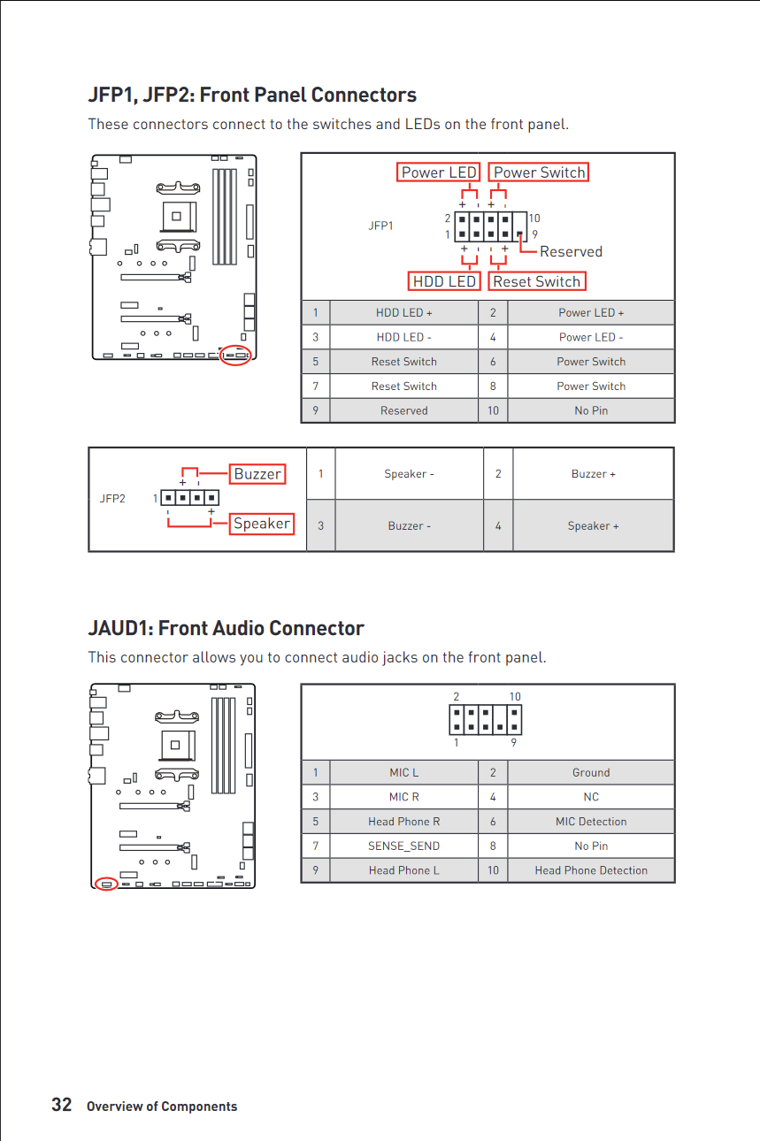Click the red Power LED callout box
(x=438, y=172)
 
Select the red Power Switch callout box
(x=539, y=172)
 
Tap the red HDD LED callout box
(x=444, y=281)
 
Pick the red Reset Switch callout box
(x=536, y=281)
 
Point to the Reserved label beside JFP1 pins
(x=571, y=252)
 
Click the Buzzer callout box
(x=257, y=474)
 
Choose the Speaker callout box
(x=261, y=524)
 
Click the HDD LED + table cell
(x=403, y=312)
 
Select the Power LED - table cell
(x=590, y=337)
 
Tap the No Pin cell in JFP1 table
(x=590, y=410)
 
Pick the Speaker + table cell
(x=593, y=525)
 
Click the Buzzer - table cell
(x=409, y=525)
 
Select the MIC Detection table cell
(x=590, y=822)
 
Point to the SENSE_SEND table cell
(x=403, y=846)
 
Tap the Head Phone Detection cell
(x=590, y=870)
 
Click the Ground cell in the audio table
(x=590, y=772)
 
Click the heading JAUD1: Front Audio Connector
(x=226, y=628)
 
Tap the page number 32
(x=61, y=1105)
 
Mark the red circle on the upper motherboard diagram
(x=236, y=355)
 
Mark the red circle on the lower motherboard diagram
(x=106, y=884)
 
